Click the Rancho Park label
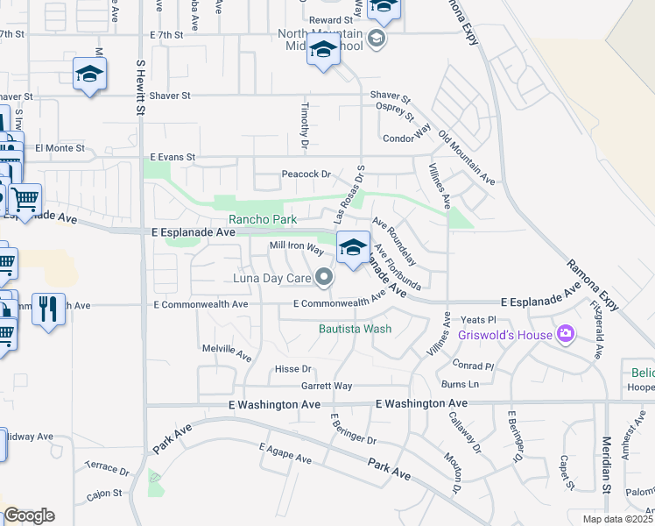(x=263, y=219)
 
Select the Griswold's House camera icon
(x=566, y=334)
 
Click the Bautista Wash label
(x=354, y=330)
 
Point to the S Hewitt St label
(x=139, y=88)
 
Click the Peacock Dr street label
(x=306, y=174)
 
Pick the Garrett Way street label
(x=327, y=386)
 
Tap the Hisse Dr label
(x=293, y=369)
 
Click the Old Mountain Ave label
(x=467, y=158)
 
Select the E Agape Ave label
(x=285, y=453)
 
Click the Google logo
(x=29, y=515)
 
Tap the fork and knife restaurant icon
(x=48, y=309)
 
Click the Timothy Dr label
(x=305, y=125)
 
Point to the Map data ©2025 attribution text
(x=617, y=519)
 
